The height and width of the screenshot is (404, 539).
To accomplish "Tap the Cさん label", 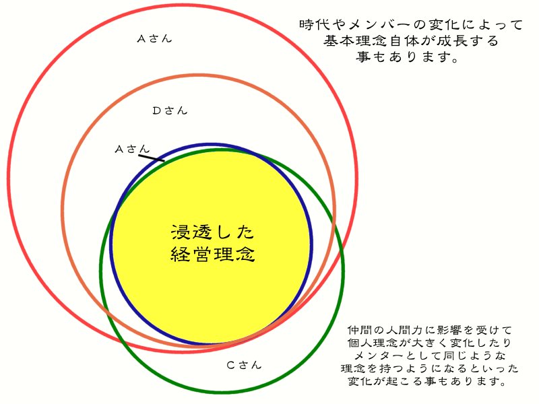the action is [x=243, y=366].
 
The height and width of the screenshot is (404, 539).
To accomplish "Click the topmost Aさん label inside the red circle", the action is [x=154, y=38].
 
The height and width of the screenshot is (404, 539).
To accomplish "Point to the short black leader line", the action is [x=151, y=158].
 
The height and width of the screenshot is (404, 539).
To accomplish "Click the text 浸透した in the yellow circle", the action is [x=212, y=233].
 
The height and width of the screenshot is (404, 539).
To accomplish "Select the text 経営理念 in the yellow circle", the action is [x=212, y=255].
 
